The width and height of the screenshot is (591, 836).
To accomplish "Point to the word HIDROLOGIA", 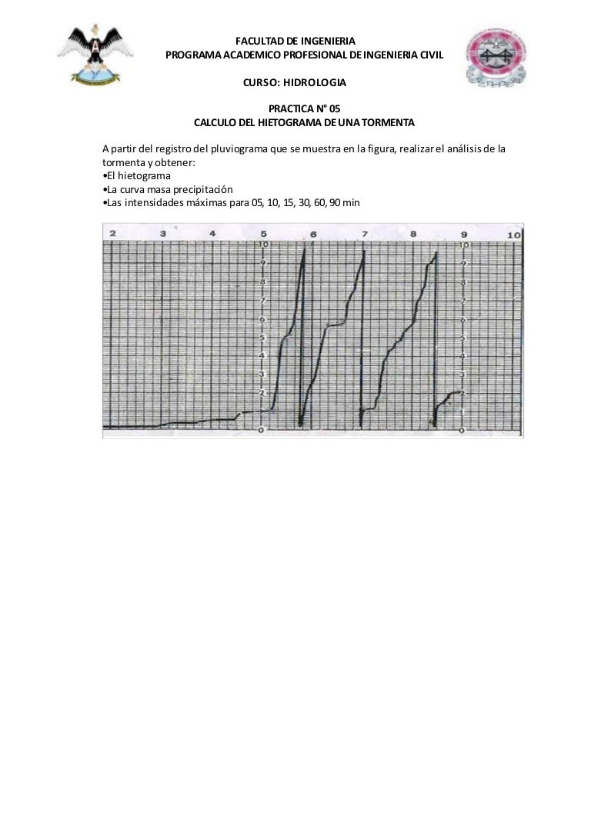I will coord(316,82).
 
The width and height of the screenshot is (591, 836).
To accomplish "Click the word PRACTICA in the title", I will coord(286,109).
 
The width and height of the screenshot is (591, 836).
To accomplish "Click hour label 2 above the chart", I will coord(113,233).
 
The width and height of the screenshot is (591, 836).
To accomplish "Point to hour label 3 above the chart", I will coord(163,233).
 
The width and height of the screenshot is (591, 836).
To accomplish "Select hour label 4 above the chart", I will coord(213,233).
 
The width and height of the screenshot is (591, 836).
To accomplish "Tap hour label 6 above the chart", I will coord(314,234).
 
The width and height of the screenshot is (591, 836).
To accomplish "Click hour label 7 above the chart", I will coord(364,234).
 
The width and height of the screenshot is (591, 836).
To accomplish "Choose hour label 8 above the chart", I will coord(414,234).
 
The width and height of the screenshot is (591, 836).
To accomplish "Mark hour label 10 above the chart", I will coord(513,234).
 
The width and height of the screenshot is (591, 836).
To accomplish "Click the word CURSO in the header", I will coord(257,82).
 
